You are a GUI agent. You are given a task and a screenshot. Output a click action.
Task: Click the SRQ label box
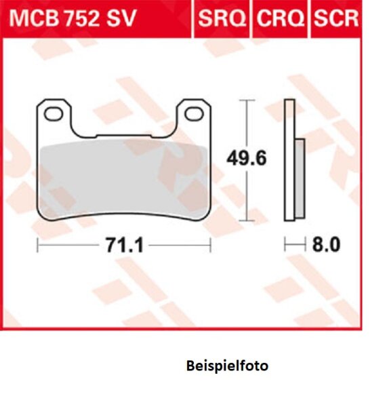tap(222, 18)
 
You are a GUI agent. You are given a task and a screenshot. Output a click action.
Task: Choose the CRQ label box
tap(279, 18)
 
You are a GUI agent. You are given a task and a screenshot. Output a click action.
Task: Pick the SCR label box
tap(335, 18)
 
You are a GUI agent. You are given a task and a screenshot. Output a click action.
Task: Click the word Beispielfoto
tap(226, 366)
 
